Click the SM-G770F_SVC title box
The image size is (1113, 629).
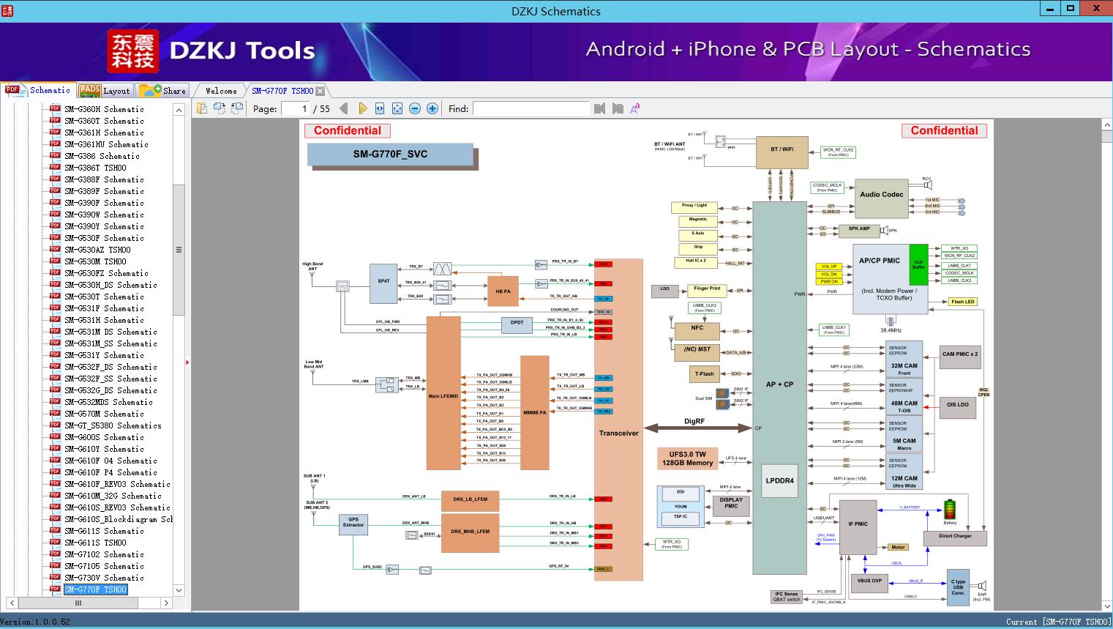tap(390, 155)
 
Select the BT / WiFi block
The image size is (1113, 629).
tap(782, 150)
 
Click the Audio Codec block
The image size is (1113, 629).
tap(881, 196)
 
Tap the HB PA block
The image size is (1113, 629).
tap(503, 291)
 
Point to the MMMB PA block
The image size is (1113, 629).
tap(534, 412)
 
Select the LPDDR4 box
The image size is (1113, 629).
tap(779, 481)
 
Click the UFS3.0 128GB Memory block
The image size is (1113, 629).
tap(687, 458)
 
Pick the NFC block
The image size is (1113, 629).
tap(697, 329)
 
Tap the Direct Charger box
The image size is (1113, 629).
tap(955, 537)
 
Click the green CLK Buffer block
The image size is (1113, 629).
tap(918, 264)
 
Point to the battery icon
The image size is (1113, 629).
tap(950, 510)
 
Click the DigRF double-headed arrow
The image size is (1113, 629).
tap(695, 428)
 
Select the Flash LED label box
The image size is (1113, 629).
tap(962, 302)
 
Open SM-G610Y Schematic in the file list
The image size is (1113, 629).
tap(103, 449)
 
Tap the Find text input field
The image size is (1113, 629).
tap(531, 109)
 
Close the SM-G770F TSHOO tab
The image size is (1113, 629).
tap(320, 91)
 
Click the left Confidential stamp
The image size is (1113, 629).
tap(347, 131)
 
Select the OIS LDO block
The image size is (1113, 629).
tap(957, 405)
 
